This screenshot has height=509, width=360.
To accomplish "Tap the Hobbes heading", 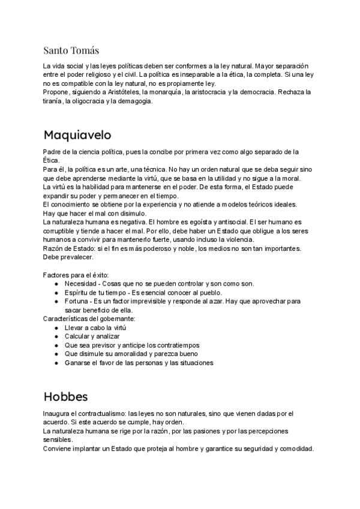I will (66, 397).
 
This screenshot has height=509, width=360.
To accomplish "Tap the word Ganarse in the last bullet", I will (79, 363).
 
